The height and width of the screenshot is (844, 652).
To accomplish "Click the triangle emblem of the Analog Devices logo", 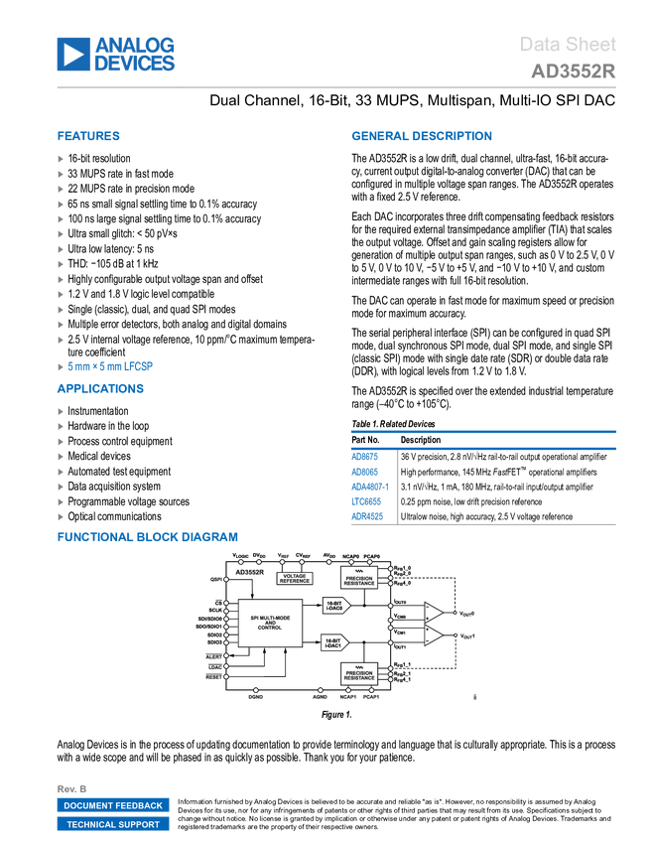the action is click(x=72, y=55).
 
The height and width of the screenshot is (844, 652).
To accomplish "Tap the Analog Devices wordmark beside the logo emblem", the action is click(x=135, y=55).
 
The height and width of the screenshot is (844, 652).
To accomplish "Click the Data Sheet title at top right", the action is click(x=569, y=45).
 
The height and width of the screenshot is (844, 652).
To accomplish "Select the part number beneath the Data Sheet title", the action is click(x=573, y=71).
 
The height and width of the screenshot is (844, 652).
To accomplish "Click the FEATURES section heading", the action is click(x=88, y=137).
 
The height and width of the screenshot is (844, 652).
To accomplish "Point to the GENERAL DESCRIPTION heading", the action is click(x=421, y=137).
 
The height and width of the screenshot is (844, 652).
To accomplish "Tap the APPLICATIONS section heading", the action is click(x=100, y=389).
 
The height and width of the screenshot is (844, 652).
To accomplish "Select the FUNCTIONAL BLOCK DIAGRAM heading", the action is click(x=147, y=537).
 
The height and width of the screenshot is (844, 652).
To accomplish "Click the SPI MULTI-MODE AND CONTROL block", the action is click(x=270, y=623).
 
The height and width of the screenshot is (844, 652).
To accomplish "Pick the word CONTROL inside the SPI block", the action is click(x=270, y=629).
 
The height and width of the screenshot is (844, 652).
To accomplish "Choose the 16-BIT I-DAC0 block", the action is click(x=335, y=605).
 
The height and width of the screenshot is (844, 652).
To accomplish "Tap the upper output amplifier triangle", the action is click(x=434, y=613).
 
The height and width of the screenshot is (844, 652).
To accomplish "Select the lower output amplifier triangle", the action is click(x=434, y=635).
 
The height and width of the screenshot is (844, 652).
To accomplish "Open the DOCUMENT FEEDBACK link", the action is click(x=113, y=805).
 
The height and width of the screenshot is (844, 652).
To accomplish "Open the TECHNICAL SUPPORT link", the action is click(x=113, y=824).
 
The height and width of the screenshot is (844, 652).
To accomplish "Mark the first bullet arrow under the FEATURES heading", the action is click(x=61, y=158).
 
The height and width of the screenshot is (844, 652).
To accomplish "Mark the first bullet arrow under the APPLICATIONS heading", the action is click(x=61, y=410).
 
